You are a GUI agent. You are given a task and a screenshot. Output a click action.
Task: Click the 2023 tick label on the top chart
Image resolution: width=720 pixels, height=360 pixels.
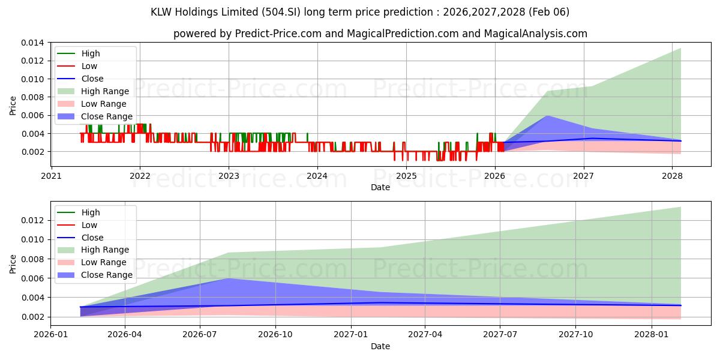pos(229,176)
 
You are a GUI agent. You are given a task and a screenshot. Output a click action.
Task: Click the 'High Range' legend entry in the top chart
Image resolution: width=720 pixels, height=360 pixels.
pos(105,91)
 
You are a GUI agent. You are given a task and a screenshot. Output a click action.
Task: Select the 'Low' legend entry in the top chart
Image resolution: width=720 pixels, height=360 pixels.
pos(89,66)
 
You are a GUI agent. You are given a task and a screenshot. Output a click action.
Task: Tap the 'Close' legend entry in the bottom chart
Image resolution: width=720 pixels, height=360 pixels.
pos(92,238)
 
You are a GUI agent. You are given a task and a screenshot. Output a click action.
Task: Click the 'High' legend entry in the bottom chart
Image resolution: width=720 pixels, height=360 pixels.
pos(91,212)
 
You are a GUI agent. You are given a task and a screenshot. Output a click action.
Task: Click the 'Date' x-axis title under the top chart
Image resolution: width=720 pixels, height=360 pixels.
pos(380,187)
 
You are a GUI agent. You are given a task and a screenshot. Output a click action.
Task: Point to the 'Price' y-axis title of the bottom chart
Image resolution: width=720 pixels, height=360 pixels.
pos(13,263)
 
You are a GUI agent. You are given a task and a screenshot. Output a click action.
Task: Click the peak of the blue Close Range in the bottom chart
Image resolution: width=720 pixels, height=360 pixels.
pos(229,278)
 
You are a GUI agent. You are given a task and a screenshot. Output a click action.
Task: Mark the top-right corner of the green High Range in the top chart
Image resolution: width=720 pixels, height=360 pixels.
pos(680,49)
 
